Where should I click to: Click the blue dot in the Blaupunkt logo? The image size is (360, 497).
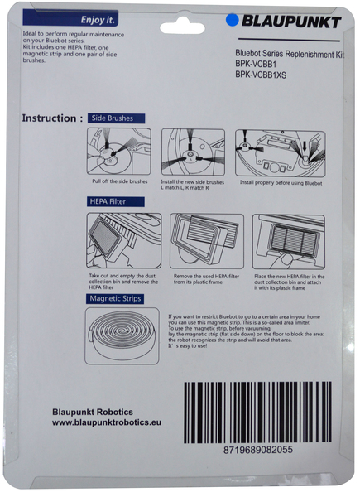pyautogui.click(x=232, y=20)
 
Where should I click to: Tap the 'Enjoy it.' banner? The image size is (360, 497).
pyautogui.click(x=70, y=17)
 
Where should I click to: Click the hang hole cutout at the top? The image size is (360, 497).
pyautogui.click(x=182, y=28)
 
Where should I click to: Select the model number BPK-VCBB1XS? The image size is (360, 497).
pyautogui.click(x=261, y=75)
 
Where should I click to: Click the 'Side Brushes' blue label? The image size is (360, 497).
pyautogui.click(x=116, y=118)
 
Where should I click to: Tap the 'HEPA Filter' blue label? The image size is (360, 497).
pyautogui.click(x=116, y=201)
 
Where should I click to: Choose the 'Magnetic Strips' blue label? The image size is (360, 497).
pyautogui.click(x=114, y=298)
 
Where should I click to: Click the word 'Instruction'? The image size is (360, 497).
pyautogui.click(x=49, y=118)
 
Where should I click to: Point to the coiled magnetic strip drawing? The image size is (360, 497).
pyautogui.click(x=122, y=336)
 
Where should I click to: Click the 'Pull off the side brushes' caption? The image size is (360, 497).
pyautogui.click(x=120, y=181)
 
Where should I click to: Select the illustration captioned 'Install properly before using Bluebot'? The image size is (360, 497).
pyautogui.click(x=281, y=153)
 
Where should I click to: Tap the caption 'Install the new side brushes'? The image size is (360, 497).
pyautogui.click(x=192, y=182)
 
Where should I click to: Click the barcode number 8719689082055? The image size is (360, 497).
pyautogui.click(x=258, y=450)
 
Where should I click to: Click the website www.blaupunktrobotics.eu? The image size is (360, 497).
pyautogui.click(x=107, y=422)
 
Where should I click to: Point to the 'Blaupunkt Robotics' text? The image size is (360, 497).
pyautogui.click(x=93, y=412)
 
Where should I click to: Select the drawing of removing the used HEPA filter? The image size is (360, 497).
pyautogui.click(x=207, y=241)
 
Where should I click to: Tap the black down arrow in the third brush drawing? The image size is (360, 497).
pyautogui.click(x=305, y=146)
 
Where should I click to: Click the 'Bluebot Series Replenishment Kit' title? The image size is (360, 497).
pyautogui.click(x=290, y=54)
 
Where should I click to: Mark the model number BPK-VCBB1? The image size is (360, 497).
pyautogui.click(x=256, y=65)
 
